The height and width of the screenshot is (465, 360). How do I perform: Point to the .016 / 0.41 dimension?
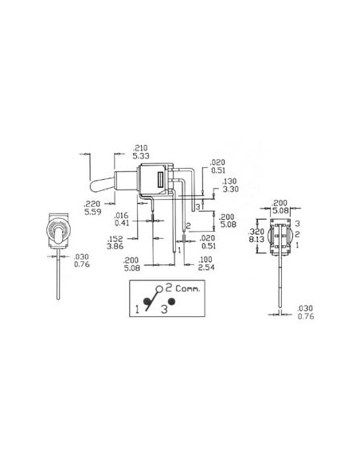(121, 219)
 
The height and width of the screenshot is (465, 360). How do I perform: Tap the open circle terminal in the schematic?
(159, 288)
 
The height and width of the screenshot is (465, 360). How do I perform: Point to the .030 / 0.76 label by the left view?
(80, 260)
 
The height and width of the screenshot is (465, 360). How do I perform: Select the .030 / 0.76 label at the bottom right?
(305, 311)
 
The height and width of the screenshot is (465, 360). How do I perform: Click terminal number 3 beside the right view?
(296, 225)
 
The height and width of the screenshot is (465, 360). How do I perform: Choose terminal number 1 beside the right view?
(296, 246)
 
